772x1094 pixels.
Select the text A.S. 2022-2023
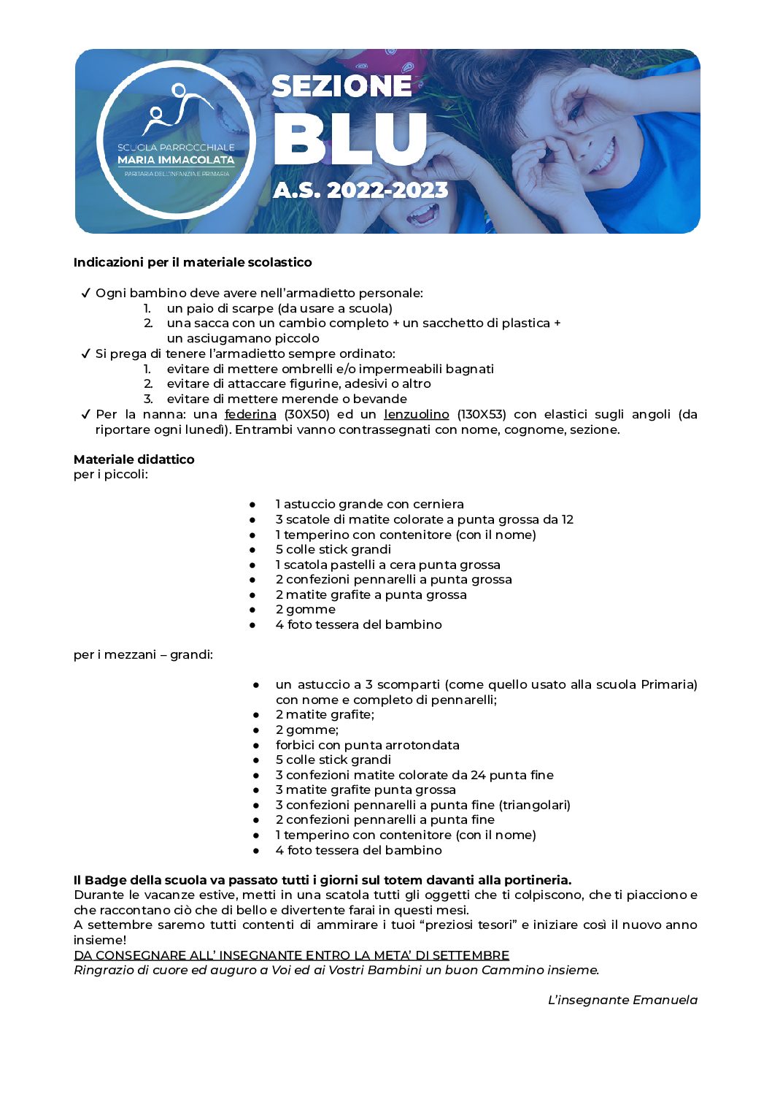pyautogui.click(x=360, y=191)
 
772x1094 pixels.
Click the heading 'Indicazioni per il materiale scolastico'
pyautogui.click(x=193, y=262)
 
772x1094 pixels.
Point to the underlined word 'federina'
pyautogui.click(x=250, y=414)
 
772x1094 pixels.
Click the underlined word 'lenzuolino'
pyautogui.click(x=416, y=414)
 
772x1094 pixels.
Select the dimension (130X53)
pyautogui.click(x=481, y=414)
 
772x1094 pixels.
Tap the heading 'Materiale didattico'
pyautogui.click(x=134, y=459)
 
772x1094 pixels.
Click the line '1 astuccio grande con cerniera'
pyautogui.click(x=369, y=504)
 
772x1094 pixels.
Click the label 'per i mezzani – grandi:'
pyautogui.click(x=143, y=654)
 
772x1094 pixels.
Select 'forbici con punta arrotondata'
pyautogui.click(x=367, y=745)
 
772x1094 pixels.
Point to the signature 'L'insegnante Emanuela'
pyautogui.click(x=622, y=1000)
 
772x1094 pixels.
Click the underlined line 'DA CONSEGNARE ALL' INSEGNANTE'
pyautogui.click(x=291, y=955)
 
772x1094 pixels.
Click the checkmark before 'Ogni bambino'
pyautogui.click(x=85, y=293)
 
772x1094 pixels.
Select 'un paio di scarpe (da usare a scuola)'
pyautogui.click(x=279, y=308)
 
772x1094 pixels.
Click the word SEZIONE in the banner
pyautogui.click(x=341, y=86)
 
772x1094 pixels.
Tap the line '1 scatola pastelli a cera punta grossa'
pyautogui.click(x=387, y=565)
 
